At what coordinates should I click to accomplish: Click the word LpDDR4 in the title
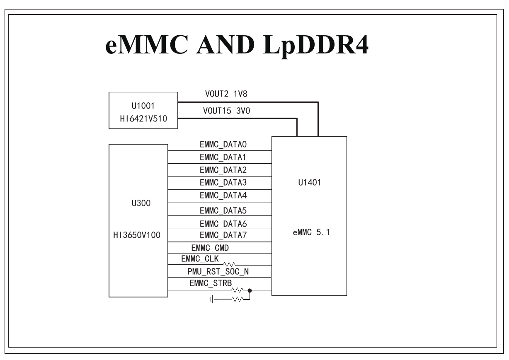315,45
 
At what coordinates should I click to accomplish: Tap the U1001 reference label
143,106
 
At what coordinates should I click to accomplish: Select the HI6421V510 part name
143,118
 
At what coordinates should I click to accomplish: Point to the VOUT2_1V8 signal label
226,94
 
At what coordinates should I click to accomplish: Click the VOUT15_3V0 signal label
227,111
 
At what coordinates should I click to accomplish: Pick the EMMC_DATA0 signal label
223,145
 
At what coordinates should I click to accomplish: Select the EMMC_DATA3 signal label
223,183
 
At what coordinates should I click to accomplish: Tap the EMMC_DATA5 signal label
223,211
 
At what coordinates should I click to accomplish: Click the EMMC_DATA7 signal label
223,235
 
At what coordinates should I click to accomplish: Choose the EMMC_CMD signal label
210,248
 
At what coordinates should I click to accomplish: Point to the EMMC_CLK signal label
200,259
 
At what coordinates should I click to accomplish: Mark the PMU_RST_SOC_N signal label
218,272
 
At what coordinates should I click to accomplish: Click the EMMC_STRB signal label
211,283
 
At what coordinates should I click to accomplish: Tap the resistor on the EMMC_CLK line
229,264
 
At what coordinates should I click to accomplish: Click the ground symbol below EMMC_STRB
212,300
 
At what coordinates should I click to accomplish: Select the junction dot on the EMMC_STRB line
250,290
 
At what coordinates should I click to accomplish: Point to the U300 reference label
141,203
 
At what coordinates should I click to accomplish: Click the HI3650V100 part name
137,235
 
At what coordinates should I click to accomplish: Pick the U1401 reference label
310,183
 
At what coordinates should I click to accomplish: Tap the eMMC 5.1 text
311,232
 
